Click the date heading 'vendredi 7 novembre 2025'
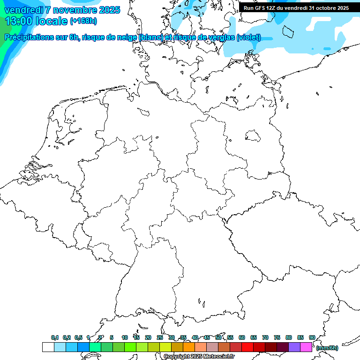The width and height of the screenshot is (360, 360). tap(62, 10)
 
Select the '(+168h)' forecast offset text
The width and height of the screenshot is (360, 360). tap(83, 21)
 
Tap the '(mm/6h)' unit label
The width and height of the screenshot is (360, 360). tap(327, 348)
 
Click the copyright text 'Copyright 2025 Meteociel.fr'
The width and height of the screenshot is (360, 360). tap(199, 357)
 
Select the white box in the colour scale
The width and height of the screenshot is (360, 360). tap(48, 347)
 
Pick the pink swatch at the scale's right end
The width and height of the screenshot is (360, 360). tap(306, 347)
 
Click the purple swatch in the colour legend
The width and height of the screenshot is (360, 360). tap(294, 347)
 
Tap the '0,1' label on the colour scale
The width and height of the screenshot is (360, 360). tap(55, 337)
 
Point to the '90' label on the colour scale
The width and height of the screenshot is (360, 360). tap(312, 337)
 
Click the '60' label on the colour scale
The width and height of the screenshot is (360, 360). tap(242, 337)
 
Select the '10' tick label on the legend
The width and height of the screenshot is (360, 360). tap(125, 337)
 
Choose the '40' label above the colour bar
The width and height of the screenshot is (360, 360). tap(195, 337)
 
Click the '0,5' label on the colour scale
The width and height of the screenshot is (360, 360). tap(78, 337)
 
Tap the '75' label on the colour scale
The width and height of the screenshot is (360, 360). tap(277, 337)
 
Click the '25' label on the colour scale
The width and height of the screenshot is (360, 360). tap(160, 337)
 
